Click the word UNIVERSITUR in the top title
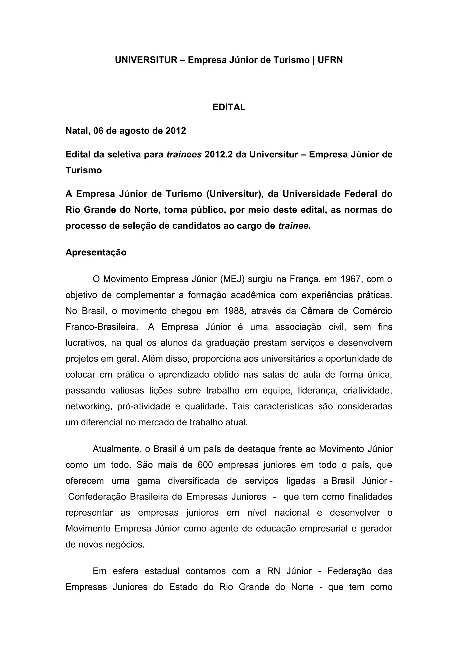(146, 60)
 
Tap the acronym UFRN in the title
(330, 60)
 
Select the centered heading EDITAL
(229, 107)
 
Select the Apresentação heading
(96, 252)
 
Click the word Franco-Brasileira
(102, 327)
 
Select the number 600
(205, 465)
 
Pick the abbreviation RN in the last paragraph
(273, 571)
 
